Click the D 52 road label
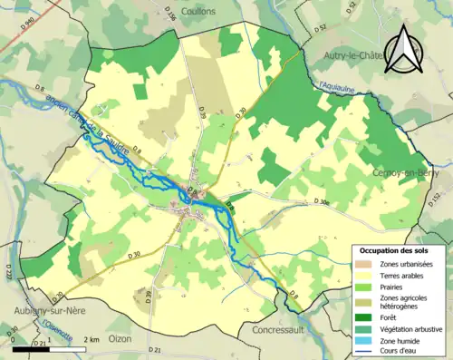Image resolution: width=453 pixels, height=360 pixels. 320,29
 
